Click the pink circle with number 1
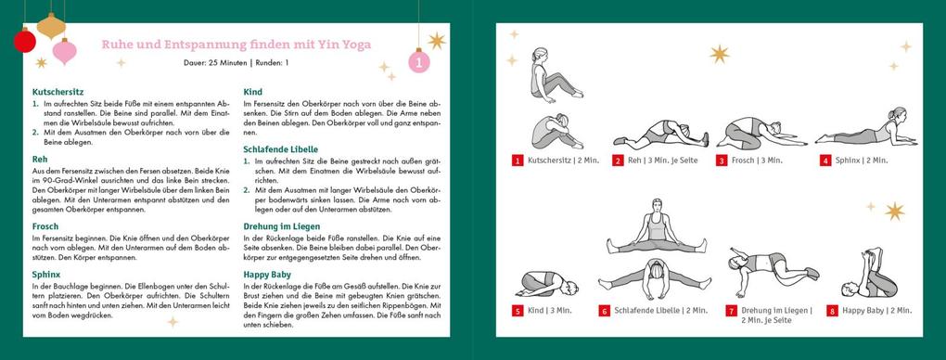point(420,62)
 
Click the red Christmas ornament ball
point(25,40)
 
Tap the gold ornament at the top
point(52,25)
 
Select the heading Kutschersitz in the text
point(58,93)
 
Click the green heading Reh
point(39,160)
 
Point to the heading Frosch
point(45,225)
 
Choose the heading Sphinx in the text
point(46,276)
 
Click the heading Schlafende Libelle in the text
point(280,148)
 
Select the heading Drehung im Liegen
point(282,225)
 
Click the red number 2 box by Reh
point(618,161)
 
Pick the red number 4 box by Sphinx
point(825,161)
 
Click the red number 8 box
point(832,312)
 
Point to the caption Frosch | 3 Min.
point(756,161)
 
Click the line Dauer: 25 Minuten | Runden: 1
point(236,63)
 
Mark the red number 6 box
point(605,312)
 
